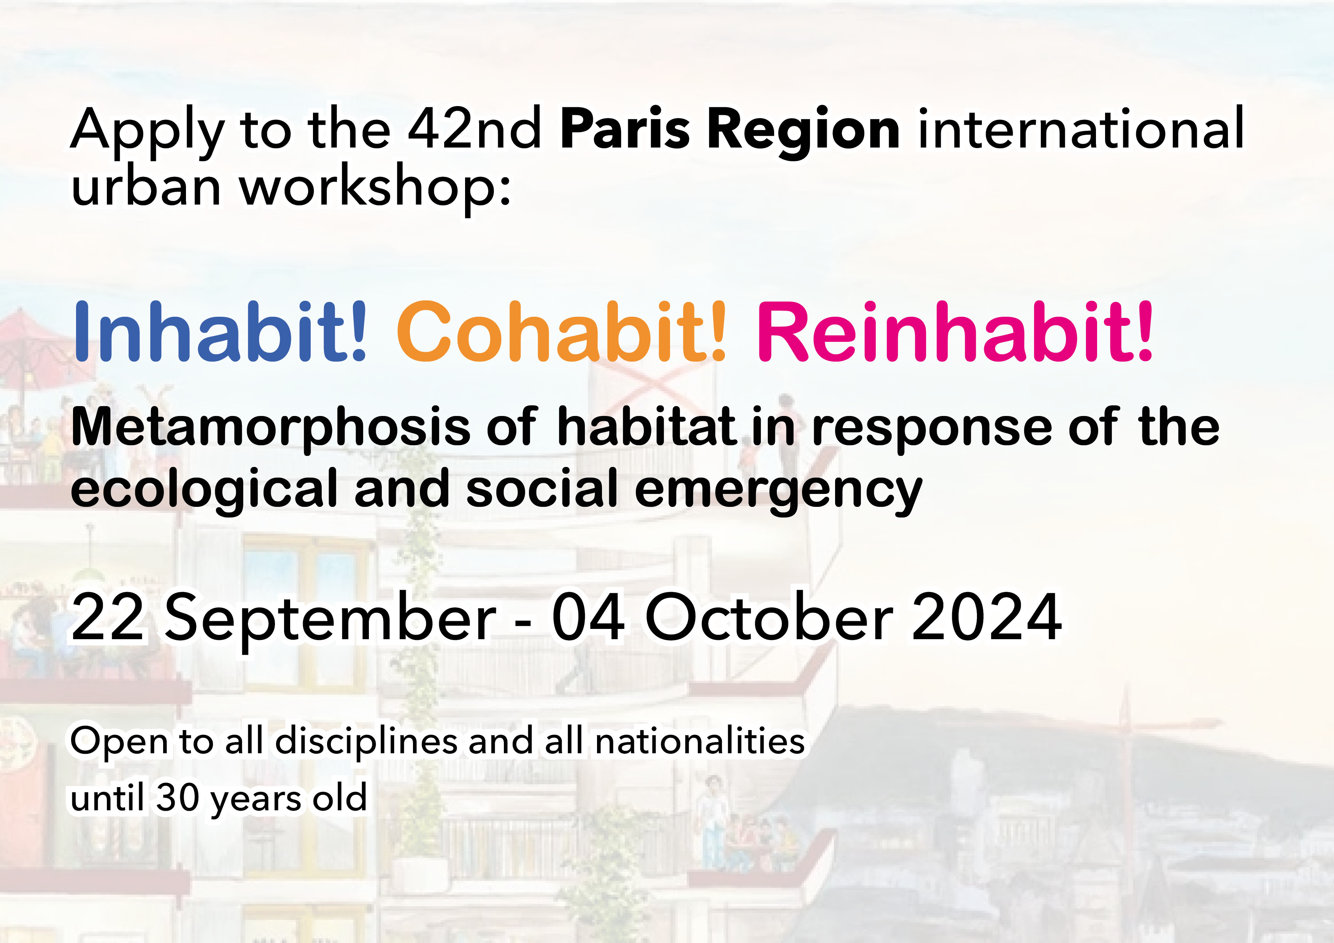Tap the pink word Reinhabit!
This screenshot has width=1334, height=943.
click(954, 332)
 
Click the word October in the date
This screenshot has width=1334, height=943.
click(769, 617)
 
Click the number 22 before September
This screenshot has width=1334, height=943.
click(108, 617)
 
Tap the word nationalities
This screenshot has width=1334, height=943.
click(700, 741)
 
